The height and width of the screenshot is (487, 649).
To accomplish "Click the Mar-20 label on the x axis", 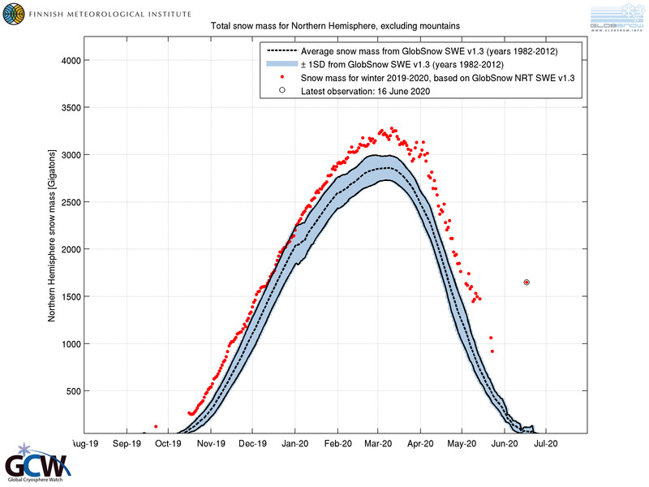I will click(379, 444).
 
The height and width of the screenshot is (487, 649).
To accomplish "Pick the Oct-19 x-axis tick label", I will click(169, 444).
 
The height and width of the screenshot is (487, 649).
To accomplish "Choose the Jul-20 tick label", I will click(546, 444).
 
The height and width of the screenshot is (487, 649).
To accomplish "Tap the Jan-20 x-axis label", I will click(294, 444).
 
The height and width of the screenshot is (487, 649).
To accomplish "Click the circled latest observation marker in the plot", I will click(527, 282).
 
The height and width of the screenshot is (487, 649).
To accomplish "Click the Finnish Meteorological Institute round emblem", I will click(14, 14).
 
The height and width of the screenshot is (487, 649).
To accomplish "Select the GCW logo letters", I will click(37, 466).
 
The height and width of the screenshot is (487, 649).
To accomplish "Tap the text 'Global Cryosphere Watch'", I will click(38, 481).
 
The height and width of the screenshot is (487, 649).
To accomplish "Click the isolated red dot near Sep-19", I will click(156, 426).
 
